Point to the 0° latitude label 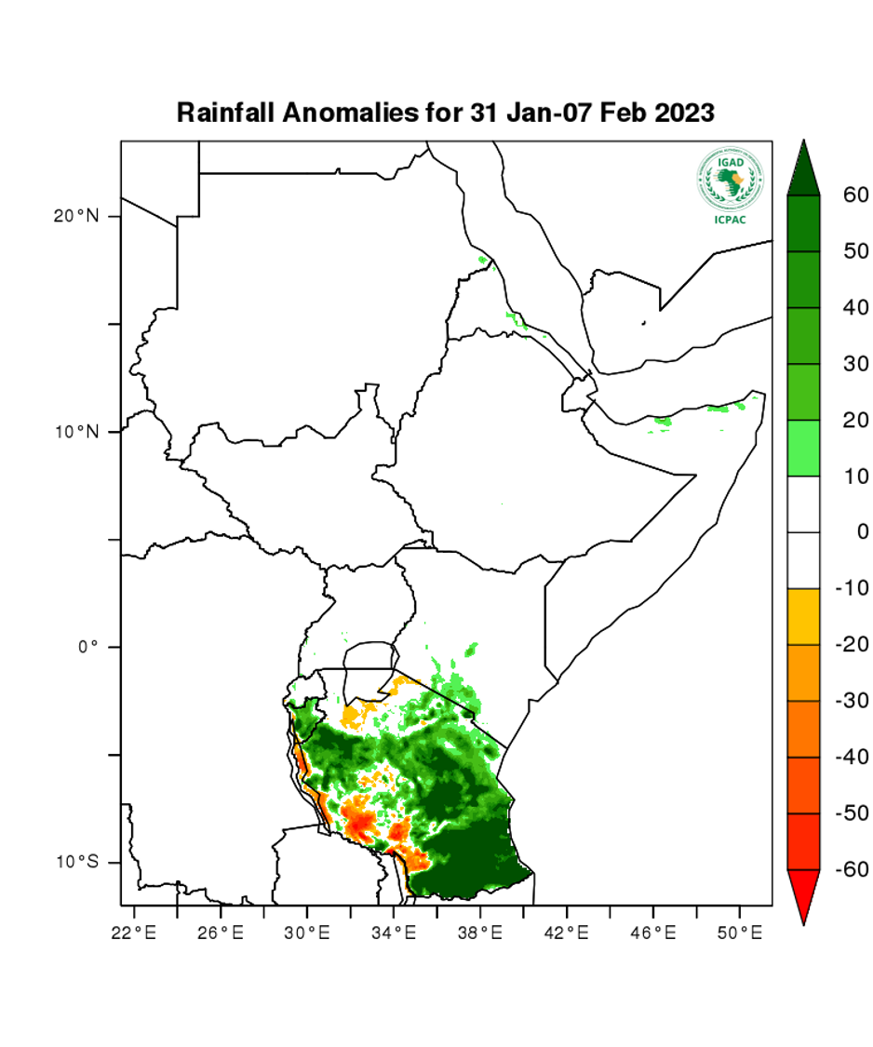(87, 647)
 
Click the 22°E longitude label (134, 932)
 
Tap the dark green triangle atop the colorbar (803, 172)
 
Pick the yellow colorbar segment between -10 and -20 (803, 617)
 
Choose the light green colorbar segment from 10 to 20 (803, 449)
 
